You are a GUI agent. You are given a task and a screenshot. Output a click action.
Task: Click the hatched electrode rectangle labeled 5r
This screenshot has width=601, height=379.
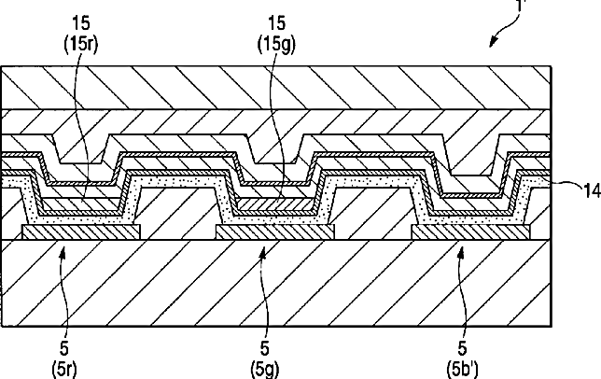81,231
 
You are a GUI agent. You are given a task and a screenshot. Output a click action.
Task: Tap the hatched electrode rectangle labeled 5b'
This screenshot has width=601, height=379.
467,231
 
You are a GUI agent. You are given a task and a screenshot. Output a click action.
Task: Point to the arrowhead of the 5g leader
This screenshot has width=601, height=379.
264,248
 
